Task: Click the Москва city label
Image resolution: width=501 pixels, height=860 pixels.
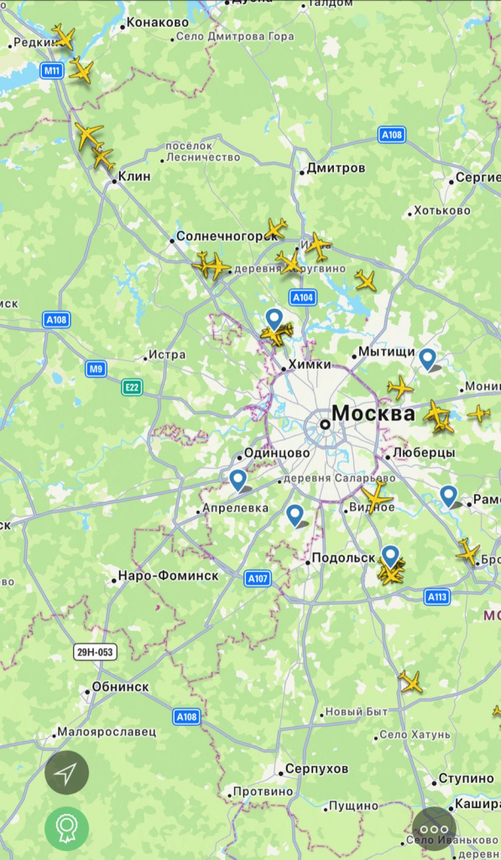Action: (x=373, y=413)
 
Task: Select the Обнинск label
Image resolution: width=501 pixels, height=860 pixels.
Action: (x=120, y=687)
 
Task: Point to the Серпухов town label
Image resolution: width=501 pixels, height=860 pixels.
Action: (x=316, y=769)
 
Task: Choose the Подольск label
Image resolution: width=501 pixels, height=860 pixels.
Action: (x=342, y=558)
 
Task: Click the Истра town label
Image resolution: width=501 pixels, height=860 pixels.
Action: (x=165, y=355)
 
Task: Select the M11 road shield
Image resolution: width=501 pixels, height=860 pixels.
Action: (x=53, y=71)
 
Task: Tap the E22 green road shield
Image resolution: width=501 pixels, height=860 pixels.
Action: (x=132, y=386)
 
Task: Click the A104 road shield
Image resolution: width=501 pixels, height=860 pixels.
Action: (x=303, y=297)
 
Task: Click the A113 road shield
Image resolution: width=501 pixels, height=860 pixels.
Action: (x=436, y=596)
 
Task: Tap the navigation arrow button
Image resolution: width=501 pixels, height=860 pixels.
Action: (x=66, y=773)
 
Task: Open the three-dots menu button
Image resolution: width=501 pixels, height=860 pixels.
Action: (x=434, y=827)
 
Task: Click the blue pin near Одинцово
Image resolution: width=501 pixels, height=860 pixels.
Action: (x=238, y=480)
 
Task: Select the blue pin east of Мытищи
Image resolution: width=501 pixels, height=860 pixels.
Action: (x=428, y=359)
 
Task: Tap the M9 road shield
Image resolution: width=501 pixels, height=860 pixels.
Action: (x=96, y=368)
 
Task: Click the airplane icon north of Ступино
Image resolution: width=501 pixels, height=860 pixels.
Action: (x=410, y=681)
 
